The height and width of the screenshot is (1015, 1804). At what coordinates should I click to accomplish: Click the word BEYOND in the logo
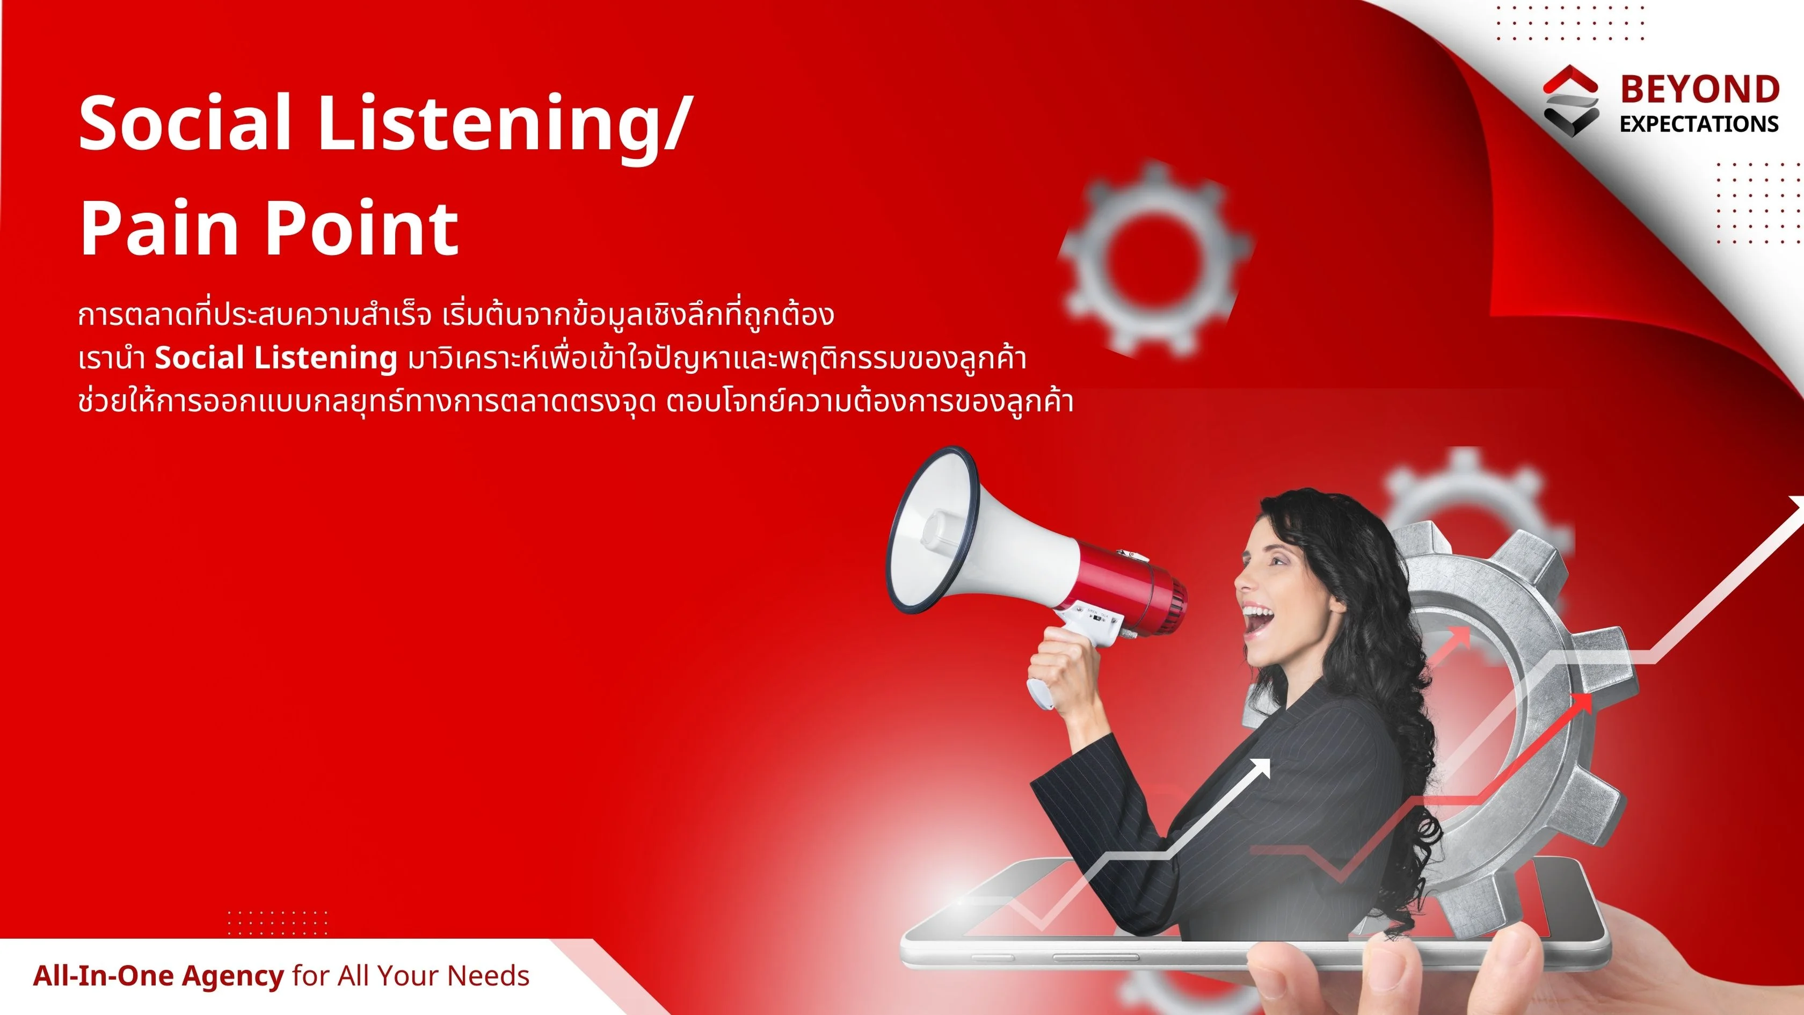coord(1700,90)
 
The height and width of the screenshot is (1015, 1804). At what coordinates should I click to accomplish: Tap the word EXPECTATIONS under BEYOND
coord(1699,124)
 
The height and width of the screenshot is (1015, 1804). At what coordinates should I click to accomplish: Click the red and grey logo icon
coord(1571,101)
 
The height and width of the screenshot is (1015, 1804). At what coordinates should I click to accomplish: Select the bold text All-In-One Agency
coord(158,976)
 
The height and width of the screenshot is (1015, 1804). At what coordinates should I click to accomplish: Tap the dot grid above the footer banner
coord(278,923)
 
